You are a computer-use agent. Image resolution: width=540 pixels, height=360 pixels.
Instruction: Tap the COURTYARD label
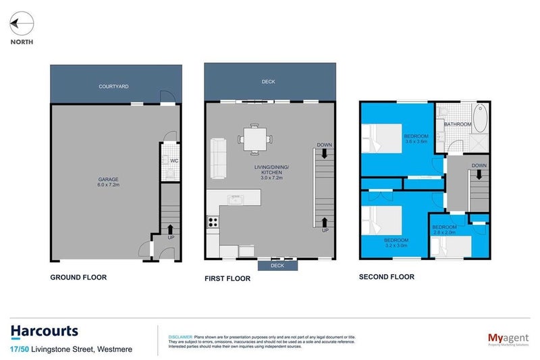tap(113, 86)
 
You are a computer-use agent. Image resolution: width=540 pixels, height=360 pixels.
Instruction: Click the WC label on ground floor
tap(173, 161)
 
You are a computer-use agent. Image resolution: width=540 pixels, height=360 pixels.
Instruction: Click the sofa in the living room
tap(218, 158)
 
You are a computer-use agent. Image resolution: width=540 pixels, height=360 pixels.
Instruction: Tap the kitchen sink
tap(236, 199)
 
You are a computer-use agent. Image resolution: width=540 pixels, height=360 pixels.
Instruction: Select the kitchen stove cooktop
tap(214, 221)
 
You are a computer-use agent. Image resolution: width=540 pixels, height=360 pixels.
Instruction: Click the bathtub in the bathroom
tap(479, 120)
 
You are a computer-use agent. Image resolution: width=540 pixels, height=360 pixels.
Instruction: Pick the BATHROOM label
tap(458, 124)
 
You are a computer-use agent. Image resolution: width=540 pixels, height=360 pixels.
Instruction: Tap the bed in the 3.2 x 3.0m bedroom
tap(380, 223)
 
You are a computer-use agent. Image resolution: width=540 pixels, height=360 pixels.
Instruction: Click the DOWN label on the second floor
tap(479, 165)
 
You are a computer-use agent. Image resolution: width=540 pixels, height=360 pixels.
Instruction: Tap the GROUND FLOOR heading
tap(79, 277)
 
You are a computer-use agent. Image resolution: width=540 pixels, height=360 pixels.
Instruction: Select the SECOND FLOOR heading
tap(387, 276)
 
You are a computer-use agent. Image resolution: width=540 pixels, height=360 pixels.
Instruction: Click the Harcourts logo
tap(45, 331)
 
